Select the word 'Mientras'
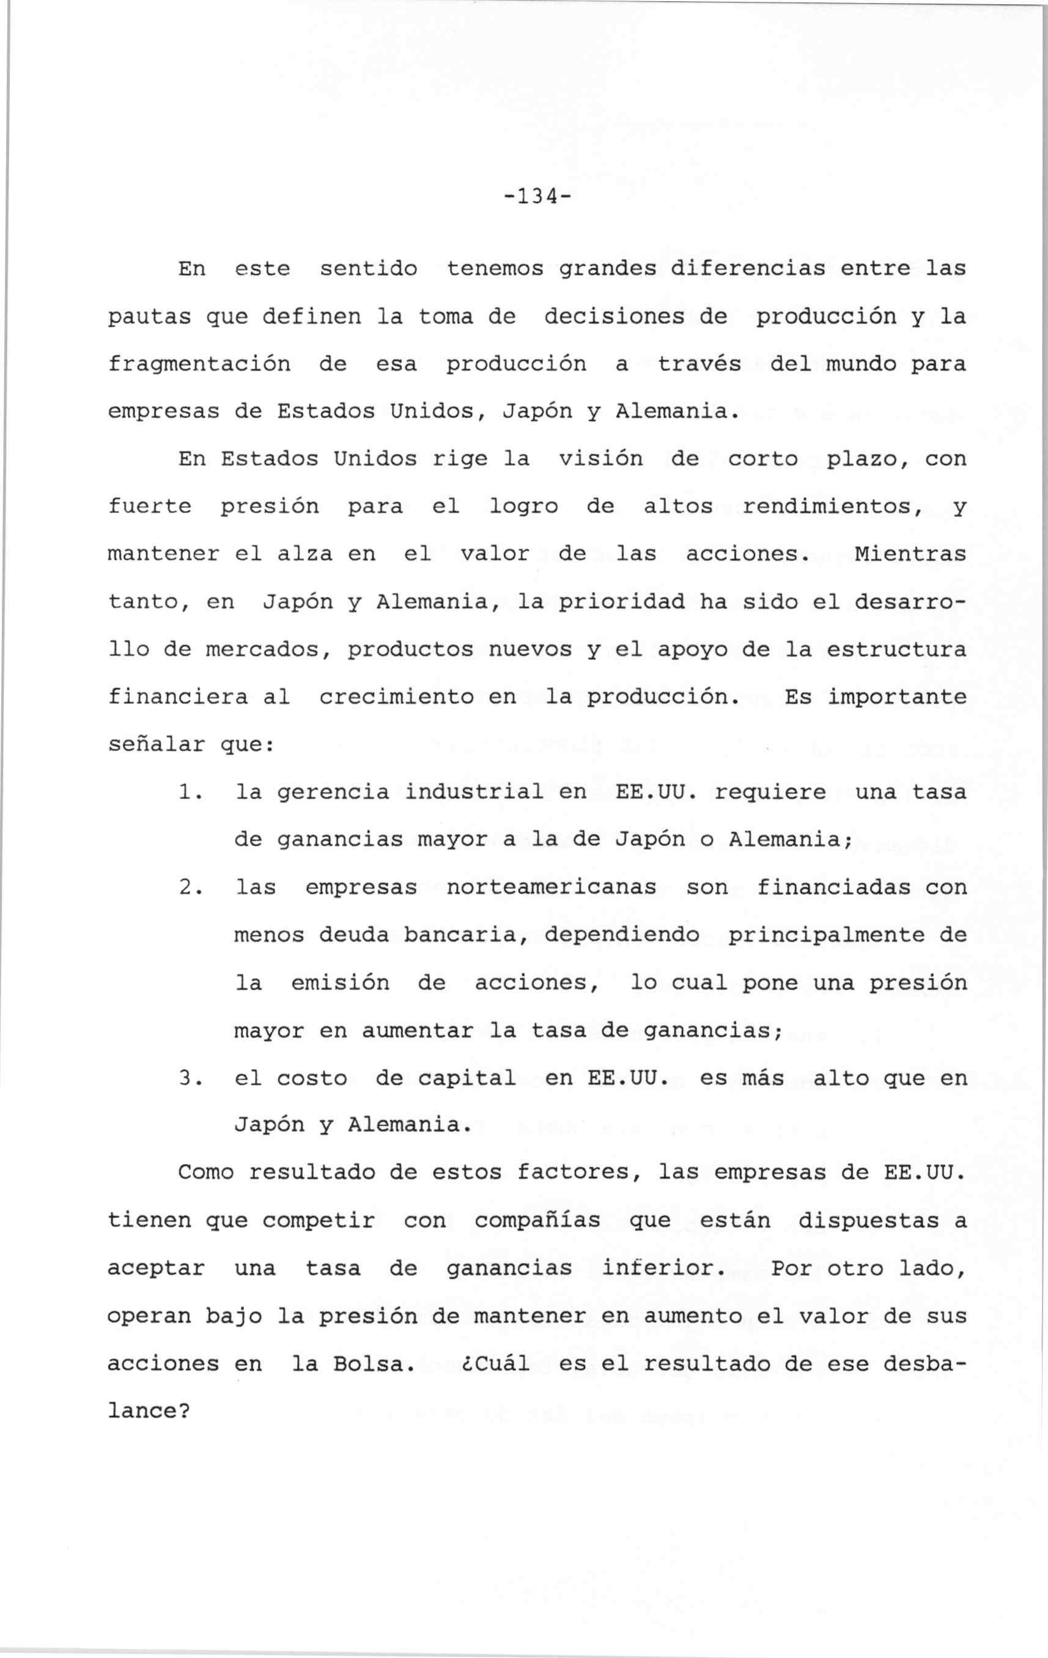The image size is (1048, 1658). (x=910, y=554)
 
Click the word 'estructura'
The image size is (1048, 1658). (x=896, y=650)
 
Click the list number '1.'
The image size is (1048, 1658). (x=189, y=792)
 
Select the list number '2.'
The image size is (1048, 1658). (x=189, y=888)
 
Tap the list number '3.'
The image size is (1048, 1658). (x=189, y=1078)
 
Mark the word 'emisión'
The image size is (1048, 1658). (x=340, y=982)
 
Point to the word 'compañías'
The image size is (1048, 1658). (x=537, y=1221)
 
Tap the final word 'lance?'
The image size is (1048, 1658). (x=149, y=1412)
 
